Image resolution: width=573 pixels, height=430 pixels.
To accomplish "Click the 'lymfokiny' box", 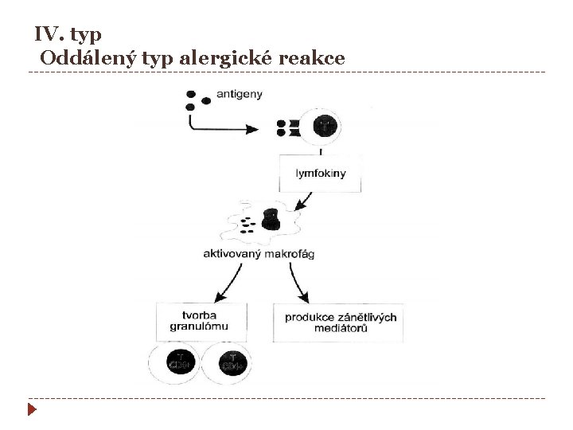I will (x=321, y=174).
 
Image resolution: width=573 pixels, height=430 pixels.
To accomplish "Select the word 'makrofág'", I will (x=290, y=253).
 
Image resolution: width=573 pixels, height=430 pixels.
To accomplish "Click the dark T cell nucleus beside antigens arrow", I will (x=326, y=126).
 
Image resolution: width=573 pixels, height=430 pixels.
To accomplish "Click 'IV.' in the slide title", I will (x=49, y=35).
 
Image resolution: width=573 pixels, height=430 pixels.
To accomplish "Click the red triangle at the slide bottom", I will (x=31, y=410).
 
